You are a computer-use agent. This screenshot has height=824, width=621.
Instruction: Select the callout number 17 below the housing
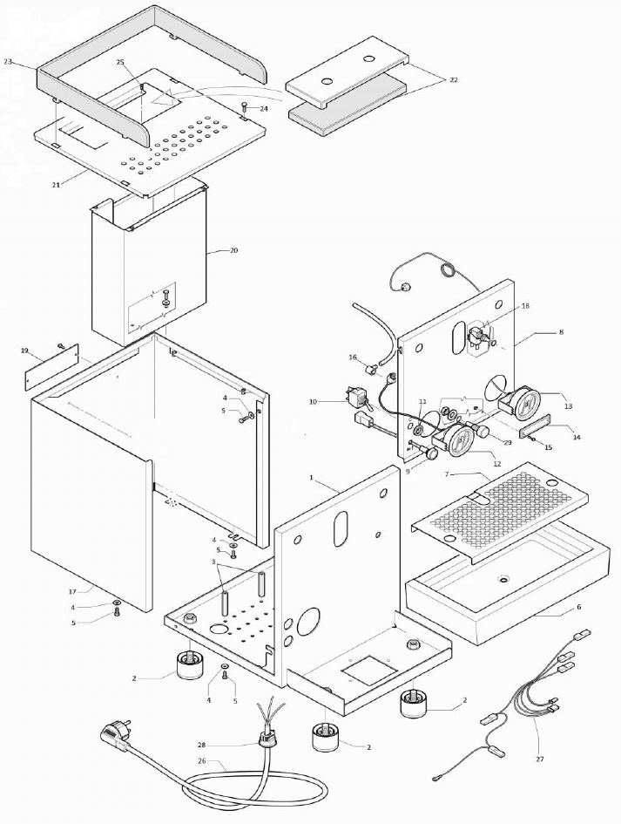[x=72, y=591]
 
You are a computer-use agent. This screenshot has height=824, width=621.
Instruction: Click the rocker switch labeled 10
[x=355, y=398]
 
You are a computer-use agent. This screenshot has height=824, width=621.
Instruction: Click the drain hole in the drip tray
[x=503, y=580]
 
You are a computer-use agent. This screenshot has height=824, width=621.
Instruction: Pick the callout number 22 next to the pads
[x=453, y=79]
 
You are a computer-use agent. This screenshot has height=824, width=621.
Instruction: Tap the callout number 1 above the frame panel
[x=311, y=479]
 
